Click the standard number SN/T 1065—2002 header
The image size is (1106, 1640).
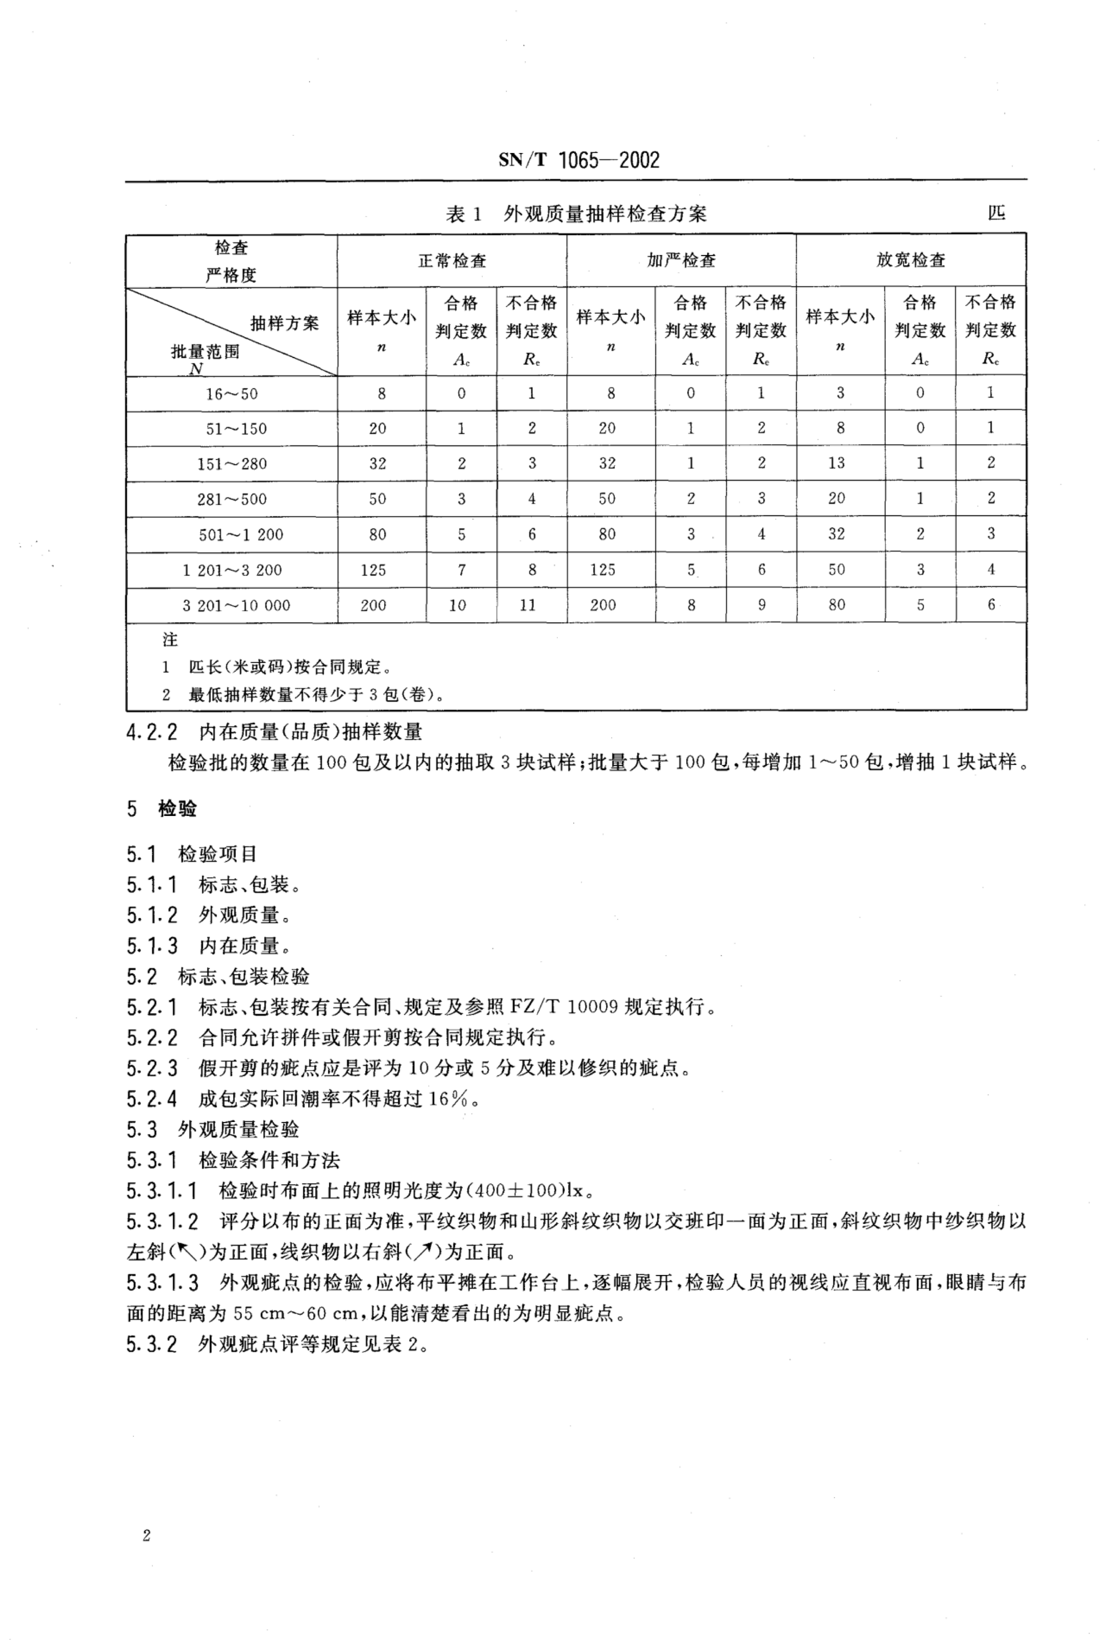pyautogui.click(x=578, y=161)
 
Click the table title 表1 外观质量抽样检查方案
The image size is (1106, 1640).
pyautogui.click(x=576, y=214)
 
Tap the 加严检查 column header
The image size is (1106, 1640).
pyautogui.click(x=681, y=260)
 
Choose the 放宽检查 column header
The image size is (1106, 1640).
pyautogui.click(x=911, y=260)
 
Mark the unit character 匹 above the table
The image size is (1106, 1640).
pyautogui.click(x=996, y=213)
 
